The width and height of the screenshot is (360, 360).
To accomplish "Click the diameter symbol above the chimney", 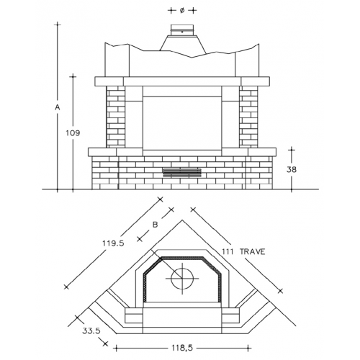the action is [182, 11].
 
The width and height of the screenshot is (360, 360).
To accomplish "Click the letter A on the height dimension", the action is [58, 107].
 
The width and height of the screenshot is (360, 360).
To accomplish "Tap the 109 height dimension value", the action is [73, 133].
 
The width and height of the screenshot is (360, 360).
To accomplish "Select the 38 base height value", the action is [292, 170].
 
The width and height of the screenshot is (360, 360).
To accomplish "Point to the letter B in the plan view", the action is [156, 225].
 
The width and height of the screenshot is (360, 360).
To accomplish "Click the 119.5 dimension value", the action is [113, 243].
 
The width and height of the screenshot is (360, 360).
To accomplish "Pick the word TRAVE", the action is [253, 252].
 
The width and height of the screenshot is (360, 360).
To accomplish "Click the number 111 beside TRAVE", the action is [228, 252].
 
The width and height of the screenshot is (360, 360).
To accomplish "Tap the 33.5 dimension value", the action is [91, 331].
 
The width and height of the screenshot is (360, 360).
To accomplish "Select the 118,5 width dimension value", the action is [182, 348].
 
